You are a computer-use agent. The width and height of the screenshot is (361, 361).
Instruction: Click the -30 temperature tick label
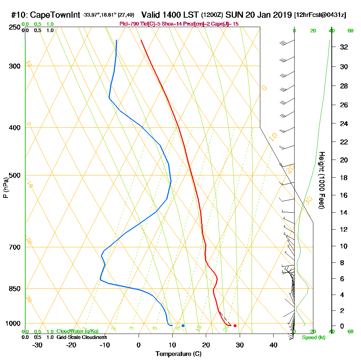tap(37, 345)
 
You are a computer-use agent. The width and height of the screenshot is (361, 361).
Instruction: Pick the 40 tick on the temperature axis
tap(273, 345)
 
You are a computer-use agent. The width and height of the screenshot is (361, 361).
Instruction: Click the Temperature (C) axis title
tap(178, 354)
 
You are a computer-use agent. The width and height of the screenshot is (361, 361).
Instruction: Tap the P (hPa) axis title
tap(5, 188)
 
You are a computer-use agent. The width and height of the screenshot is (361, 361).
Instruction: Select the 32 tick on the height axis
tap(344, 47)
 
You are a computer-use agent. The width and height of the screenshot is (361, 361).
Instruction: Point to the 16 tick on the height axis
tap(344, 195)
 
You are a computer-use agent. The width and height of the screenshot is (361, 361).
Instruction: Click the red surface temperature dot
tap(235, 326)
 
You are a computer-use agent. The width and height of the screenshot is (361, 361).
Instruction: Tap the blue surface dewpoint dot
tap(183, 326)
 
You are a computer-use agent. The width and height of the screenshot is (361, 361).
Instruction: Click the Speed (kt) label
tap(313, 338)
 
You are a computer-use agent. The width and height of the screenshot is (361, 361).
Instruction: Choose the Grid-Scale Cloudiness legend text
tap(81, 337)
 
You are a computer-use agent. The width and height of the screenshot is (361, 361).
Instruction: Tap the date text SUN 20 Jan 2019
tap(258, 15)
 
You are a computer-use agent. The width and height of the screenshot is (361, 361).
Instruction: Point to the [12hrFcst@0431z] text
tap(320, 15)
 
